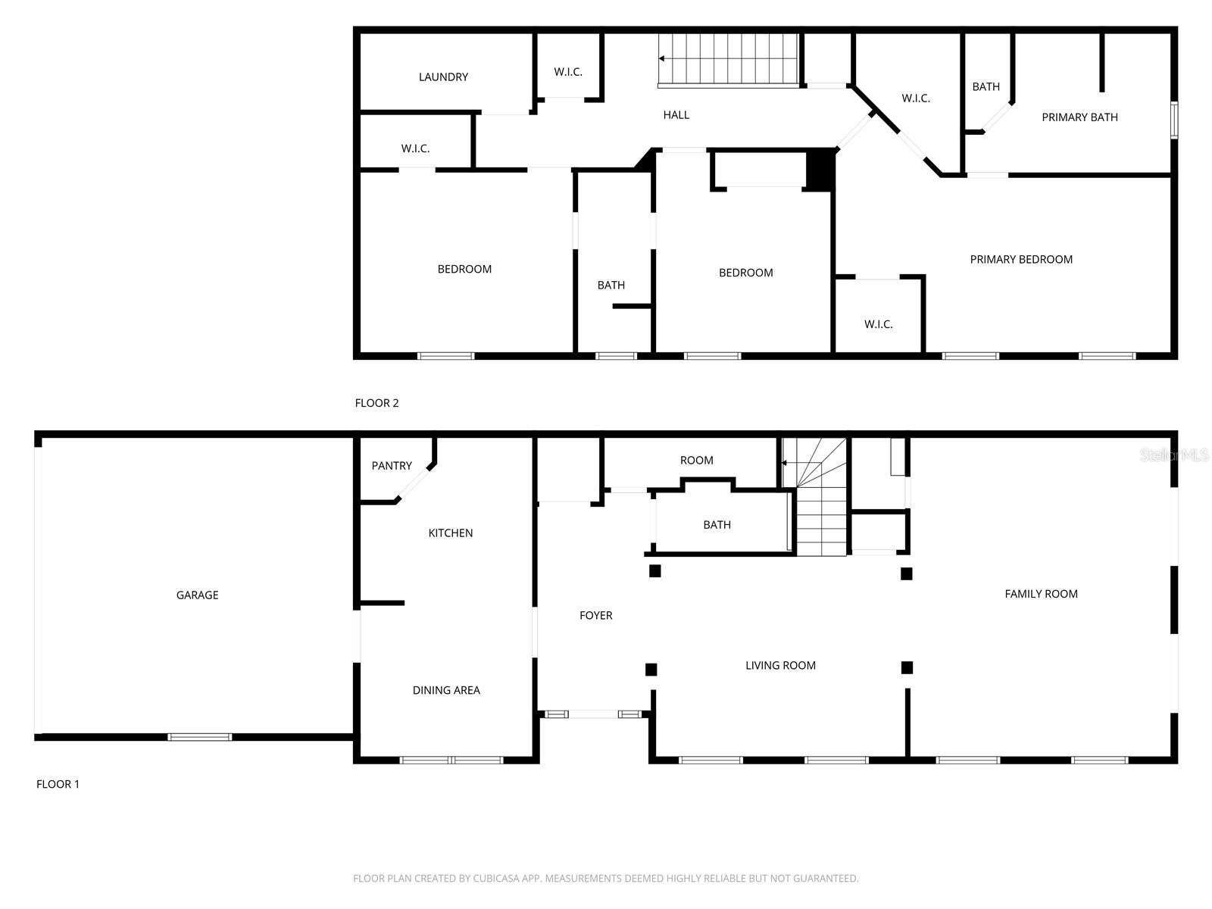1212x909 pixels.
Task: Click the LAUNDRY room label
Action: pyautogui.click(x=443, y=77)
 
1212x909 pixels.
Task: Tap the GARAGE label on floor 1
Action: pyautogui.click(x=197, y=595)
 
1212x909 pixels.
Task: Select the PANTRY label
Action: pyautogui.click(x=392, y=466)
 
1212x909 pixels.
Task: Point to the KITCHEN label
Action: pyautogui.click(x=451, y=533)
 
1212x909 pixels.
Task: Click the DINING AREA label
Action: pyautogui.click(x=446, y=690)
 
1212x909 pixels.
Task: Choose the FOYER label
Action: pyautogui.click(x=596, y=616)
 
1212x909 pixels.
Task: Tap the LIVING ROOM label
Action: pyautogui.click(x=780, y=666)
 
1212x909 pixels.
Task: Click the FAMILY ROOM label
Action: pyautogui.click(x=1041, y=594)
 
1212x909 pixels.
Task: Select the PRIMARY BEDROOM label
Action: pyautogui.click(x=1021, y=260)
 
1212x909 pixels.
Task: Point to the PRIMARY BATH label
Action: pyautogui.click(x=1079, y=117)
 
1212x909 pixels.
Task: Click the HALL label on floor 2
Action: pyautogui.click(x=676, y=115)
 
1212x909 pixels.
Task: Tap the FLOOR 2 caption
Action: pyautogui.click(x=376, y=403)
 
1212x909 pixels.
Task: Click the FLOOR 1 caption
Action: pyautogui.click(x=58, y=784)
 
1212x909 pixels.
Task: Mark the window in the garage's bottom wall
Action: pyautogui.click(x=200, y=736)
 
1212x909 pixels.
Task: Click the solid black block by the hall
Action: pyautogui.click(x=819, y=170)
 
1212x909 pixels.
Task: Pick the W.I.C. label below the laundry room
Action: pyautogui.click(x=415, y=148)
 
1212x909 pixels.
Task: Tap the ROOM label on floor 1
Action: pyautogui.click(x=696, y=461)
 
